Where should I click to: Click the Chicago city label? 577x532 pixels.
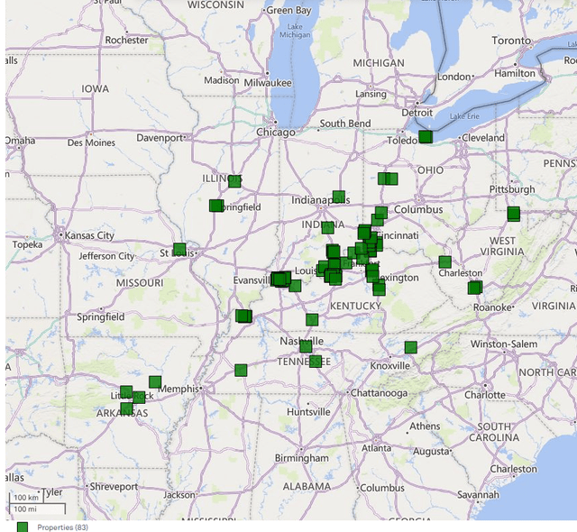pyautogui.click(x=275, y=133)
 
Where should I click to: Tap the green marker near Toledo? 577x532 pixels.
pyautogui.click(x=425, y=137)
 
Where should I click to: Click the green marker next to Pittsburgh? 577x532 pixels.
pyautogui.click(x=513, y=214)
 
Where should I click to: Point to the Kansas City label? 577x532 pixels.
pyautogui.click(x=89, y=236)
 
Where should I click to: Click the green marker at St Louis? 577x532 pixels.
pyautogui.click(x=179, y=249)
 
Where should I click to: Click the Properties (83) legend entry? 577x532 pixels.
pyautogui.click(x=62, y=527)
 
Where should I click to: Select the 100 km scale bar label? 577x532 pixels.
pyautogui.click(x=26, y=498)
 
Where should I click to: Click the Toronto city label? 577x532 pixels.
pyautogui.click(x=511, y=41)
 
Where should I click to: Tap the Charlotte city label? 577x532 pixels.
pyautogui.click(x=484, y=395)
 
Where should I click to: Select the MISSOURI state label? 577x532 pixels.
pyautogui.click(x=139, y=283)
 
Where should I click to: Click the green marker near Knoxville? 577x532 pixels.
pyautogui.click(x=410, y=347)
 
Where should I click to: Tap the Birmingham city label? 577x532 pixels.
pyautogui.click(x=302, y=458)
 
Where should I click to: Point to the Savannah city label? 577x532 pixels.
pyautogui.click(x=478, y=494)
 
